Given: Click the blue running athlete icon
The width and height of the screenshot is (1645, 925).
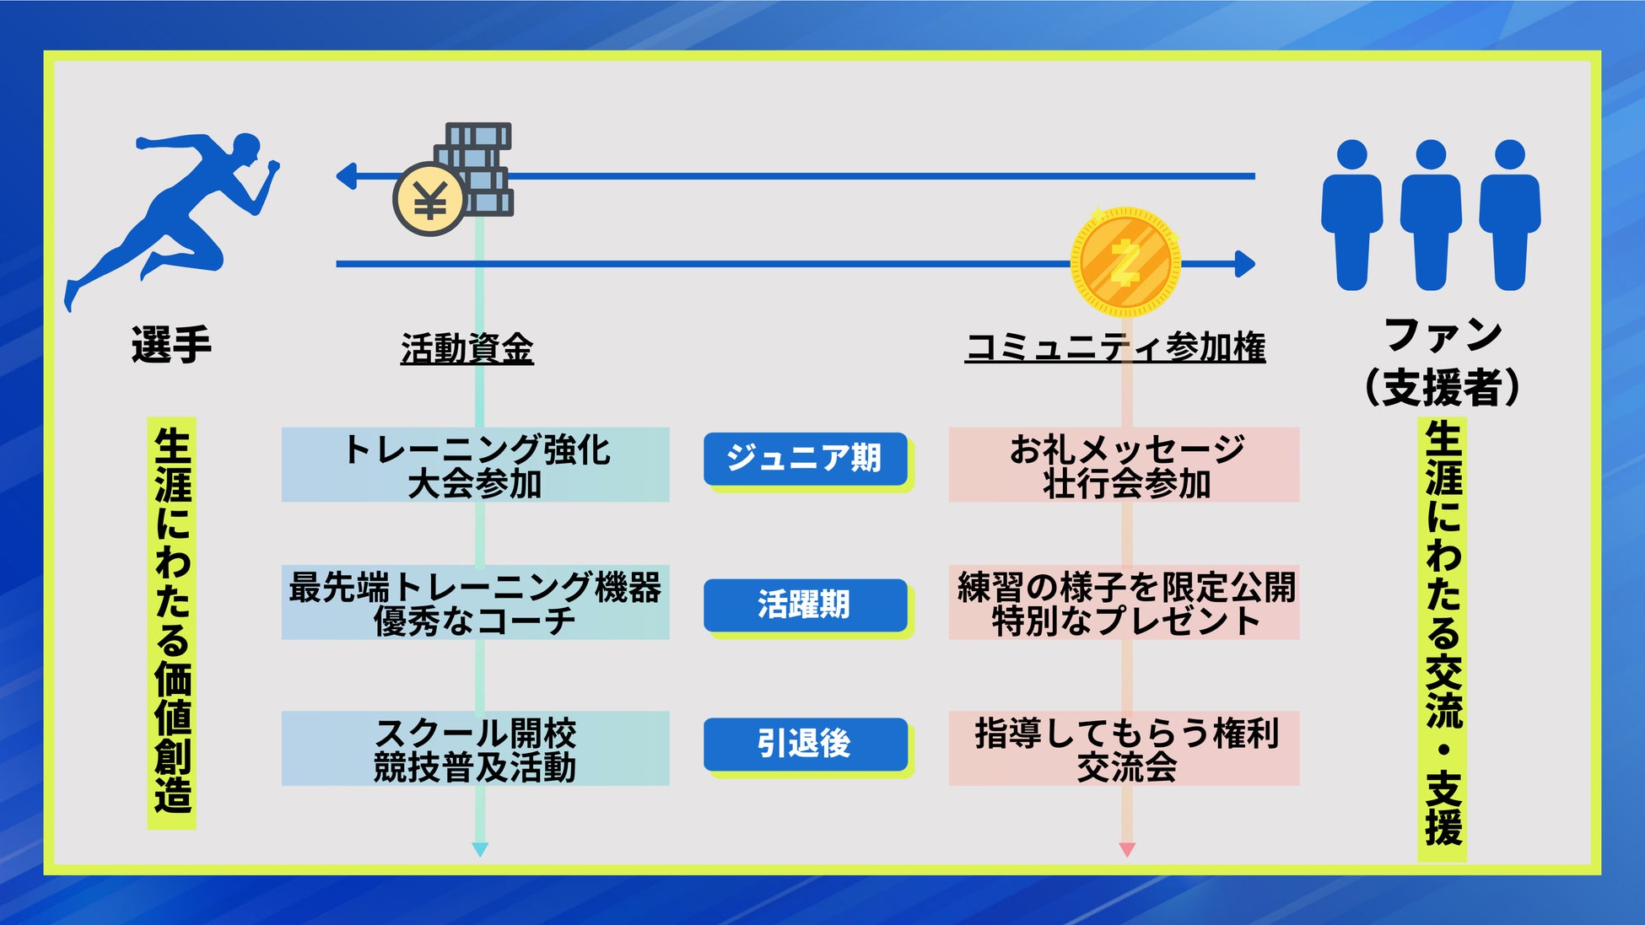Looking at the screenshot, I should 173,215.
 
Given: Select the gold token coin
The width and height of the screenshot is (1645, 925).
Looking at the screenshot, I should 1125,262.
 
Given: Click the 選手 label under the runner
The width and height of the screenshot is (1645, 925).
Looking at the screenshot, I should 171,345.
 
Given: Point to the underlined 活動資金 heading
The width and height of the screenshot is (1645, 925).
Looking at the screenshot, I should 467,348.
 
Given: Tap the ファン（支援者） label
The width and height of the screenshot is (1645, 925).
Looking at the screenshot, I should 1443,361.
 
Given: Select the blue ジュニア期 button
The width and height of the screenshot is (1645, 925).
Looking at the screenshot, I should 806,459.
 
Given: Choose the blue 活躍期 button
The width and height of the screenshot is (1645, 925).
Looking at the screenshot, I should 806,605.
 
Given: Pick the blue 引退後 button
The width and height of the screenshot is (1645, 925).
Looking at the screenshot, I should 806,744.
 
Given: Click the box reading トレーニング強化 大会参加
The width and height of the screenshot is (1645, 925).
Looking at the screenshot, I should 475,465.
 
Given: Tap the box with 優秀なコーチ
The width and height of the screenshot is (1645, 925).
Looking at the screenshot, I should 475,602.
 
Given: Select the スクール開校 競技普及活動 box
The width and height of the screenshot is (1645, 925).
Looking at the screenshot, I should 475,749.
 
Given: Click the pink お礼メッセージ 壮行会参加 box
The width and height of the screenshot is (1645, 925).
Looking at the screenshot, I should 1124,465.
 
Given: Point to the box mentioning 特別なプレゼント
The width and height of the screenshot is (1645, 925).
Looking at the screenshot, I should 1124,602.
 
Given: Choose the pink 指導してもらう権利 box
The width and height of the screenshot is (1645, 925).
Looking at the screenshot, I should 1124,749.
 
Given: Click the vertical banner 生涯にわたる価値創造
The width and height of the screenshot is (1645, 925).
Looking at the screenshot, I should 172,622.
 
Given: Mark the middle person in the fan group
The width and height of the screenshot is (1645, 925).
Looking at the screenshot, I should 1431,215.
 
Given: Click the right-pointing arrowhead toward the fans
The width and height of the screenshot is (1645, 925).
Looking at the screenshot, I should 1245,264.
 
